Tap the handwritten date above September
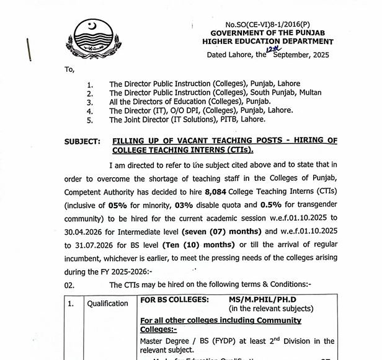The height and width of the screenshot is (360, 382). point(274,48)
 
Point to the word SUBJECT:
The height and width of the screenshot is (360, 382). point(82,142)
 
